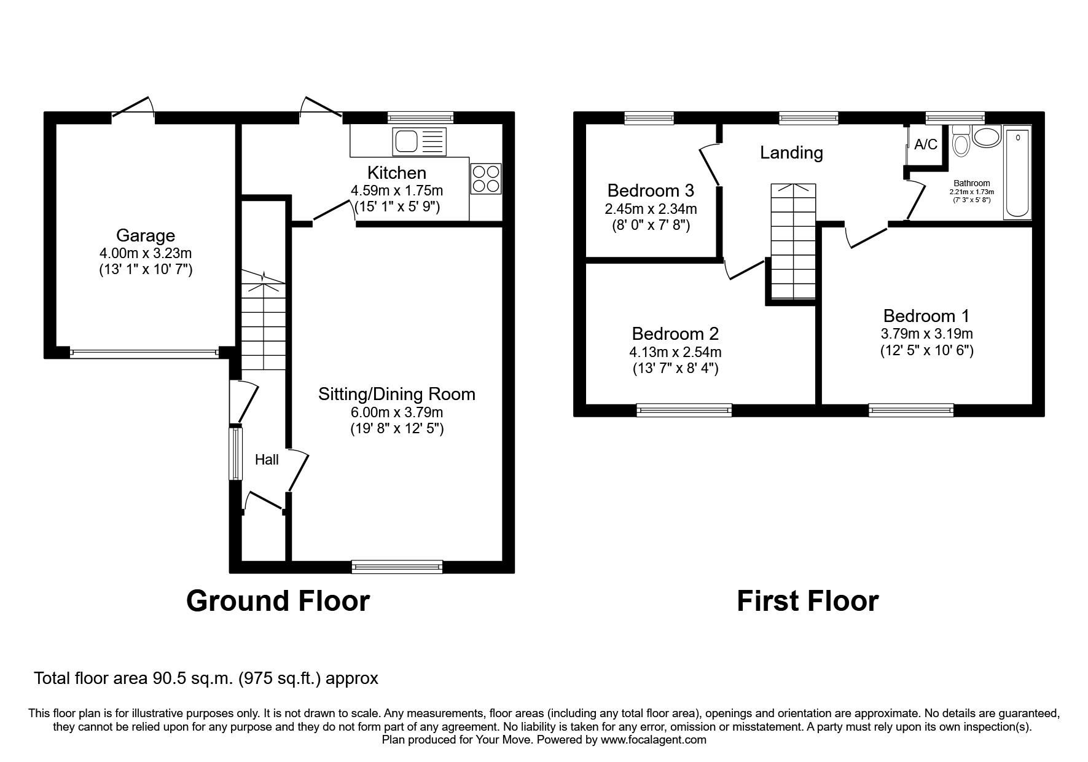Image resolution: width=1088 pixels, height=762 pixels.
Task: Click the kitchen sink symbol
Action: click(418, 141)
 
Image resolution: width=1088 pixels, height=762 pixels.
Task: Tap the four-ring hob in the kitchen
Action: click(486, 178)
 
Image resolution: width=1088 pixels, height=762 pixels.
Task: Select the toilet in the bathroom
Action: click(960, 142)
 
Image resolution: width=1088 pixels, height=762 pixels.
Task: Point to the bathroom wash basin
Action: click(987, 136)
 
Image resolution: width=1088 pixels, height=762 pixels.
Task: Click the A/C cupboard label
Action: click(926, 144)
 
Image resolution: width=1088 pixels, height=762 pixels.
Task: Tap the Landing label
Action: click(791, 152)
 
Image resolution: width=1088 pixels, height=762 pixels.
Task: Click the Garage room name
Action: click(146, 235)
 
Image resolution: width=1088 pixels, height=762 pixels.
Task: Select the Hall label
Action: click(267, 460)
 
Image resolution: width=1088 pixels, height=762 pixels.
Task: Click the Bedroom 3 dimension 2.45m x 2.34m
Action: click(651, 209)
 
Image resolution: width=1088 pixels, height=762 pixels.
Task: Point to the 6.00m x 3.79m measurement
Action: click(396, 412)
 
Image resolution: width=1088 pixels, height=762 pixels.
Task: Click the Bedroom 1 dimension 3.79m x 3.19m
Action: click(926, 334)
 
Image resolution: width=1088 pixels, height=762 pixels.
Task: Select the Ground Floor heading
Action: click(278, 600)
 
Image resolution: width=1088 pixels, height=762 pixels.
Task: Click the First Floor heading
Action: click(807, 600)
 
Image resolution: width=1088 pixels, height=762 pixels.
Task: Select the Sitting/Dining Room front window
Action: click(397, 567)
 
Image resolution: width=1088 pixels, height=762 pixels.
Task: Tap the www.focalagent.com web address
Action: click(653, 740)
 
